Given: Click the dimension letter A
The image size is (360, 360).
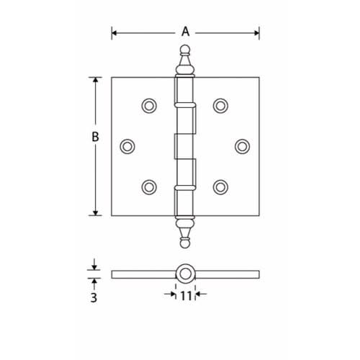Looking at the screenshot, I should [x=185, y=31].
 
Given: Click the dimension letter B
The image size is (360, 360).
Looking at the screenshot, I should [x=96, y=135].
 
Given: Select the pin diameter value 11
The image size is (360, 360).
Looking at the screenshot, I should [x=186, y=294].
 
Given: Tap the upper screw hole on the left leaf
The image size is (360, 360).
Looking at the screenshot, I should [x=149, y=105].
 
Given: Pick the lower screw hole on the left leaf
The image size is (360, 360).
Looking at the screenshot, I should [x=149, y=186].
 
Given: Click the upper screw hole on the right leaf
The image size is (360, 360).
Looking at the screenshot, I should [x=220, y=105].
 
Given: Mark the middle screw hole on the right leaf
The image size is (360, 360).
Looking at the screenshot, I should [x=242, y=145].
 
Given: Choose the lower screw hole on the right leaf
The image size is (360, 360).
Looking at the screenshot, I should [x=220, y=186].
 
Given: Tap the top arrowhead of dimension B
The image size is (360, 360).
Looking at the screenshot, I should [x=96, y=79].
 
